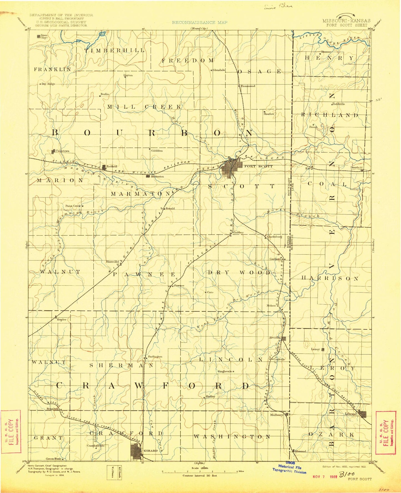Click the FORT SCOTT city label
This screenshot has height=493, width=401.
pos(258,166)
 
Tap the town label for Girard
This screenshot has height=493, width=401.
pos(151,451)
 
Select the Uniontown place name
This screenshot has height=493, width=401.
pos(62,151)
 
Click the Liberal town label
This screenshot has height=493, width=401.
pos(350,414)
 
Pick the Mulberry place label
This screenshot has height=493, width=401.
pos(277,415)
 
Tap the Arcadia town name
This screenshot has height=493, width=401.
pos(274,338)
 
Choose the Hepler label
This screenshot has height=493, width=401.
pos(62,319)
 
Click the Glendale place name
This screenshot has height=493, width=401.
pos(219,70)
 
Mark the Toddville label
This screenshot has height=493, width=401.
pos(339,104)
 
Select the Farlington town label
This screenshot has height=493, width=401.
pos(155,357)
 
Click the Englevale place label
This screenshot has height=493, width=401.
pos(225,371)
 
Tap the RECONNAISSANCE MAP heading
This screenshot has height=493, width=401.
pos(200,22)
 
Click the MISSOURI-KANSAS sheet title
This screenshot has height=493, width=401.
pos(346,21)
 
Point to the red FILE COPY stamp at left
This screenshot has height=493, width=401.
pos(11,431)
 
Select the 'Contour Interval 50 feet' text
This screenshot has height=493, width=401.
pos(200,476)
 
